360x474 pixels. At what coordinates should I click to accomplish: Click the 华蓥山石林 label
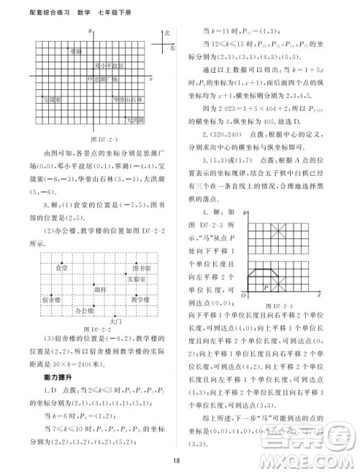(x=127, y=99)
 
